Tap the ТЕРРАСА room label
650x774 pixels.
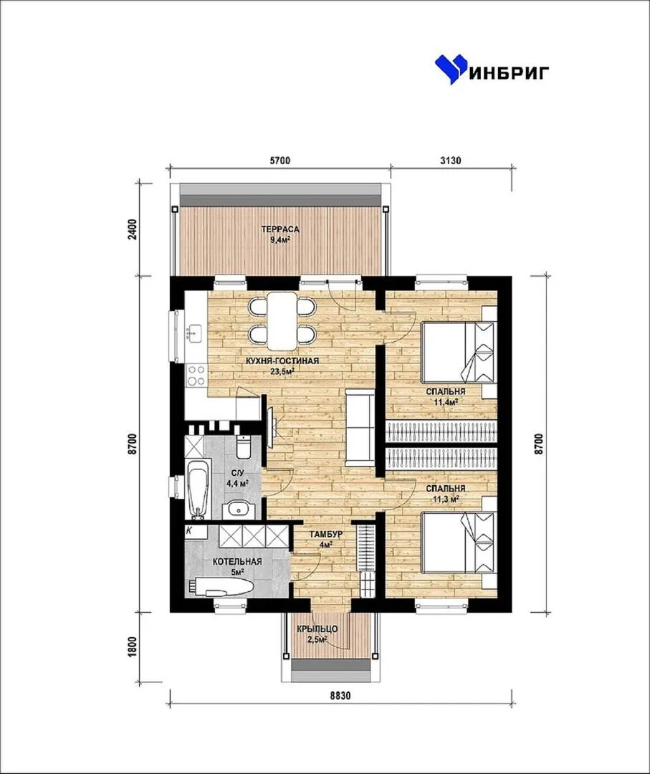279,229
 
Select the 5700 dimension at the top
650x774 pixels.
279,161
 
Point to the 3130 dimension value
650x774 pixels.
450,161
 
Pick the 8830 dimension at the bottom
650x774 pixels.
340,695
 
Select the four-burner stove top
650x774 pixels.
196,375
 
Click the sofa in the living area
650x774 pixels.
360,427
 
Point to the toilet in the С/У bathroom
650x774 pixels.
244,446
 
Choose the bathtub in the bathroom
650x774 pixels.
198,489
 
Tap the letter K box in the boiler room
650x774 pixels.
189,530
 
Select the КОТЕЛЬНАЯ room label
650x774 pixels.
237,562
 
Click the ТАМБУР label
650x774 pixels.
326,535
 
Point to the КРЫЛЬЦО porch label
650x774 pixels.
317,629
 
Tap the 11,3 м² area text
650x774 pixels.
446,499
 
